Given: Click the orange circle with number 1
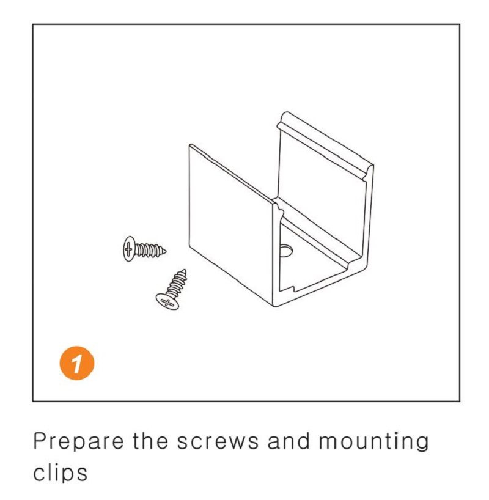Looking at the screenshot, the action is (77, 362).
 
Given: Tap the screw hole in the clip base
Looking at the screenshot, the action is (286, 251).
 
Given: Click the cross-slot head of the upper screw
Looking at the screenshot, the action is (128, 249).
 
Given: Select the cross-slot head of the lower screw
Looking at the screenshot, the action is (167, 302).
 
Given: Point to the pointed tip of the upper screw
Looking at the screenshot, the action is (166, 252).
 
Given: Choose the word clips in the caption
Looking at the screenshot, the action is (61, 473).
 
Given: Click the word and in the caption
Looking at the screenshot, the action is (289, 440).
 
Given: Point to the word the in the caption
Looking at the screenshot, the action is (150, 440).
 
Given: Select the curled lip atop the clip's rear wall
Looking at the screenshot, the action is (325, 141).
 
